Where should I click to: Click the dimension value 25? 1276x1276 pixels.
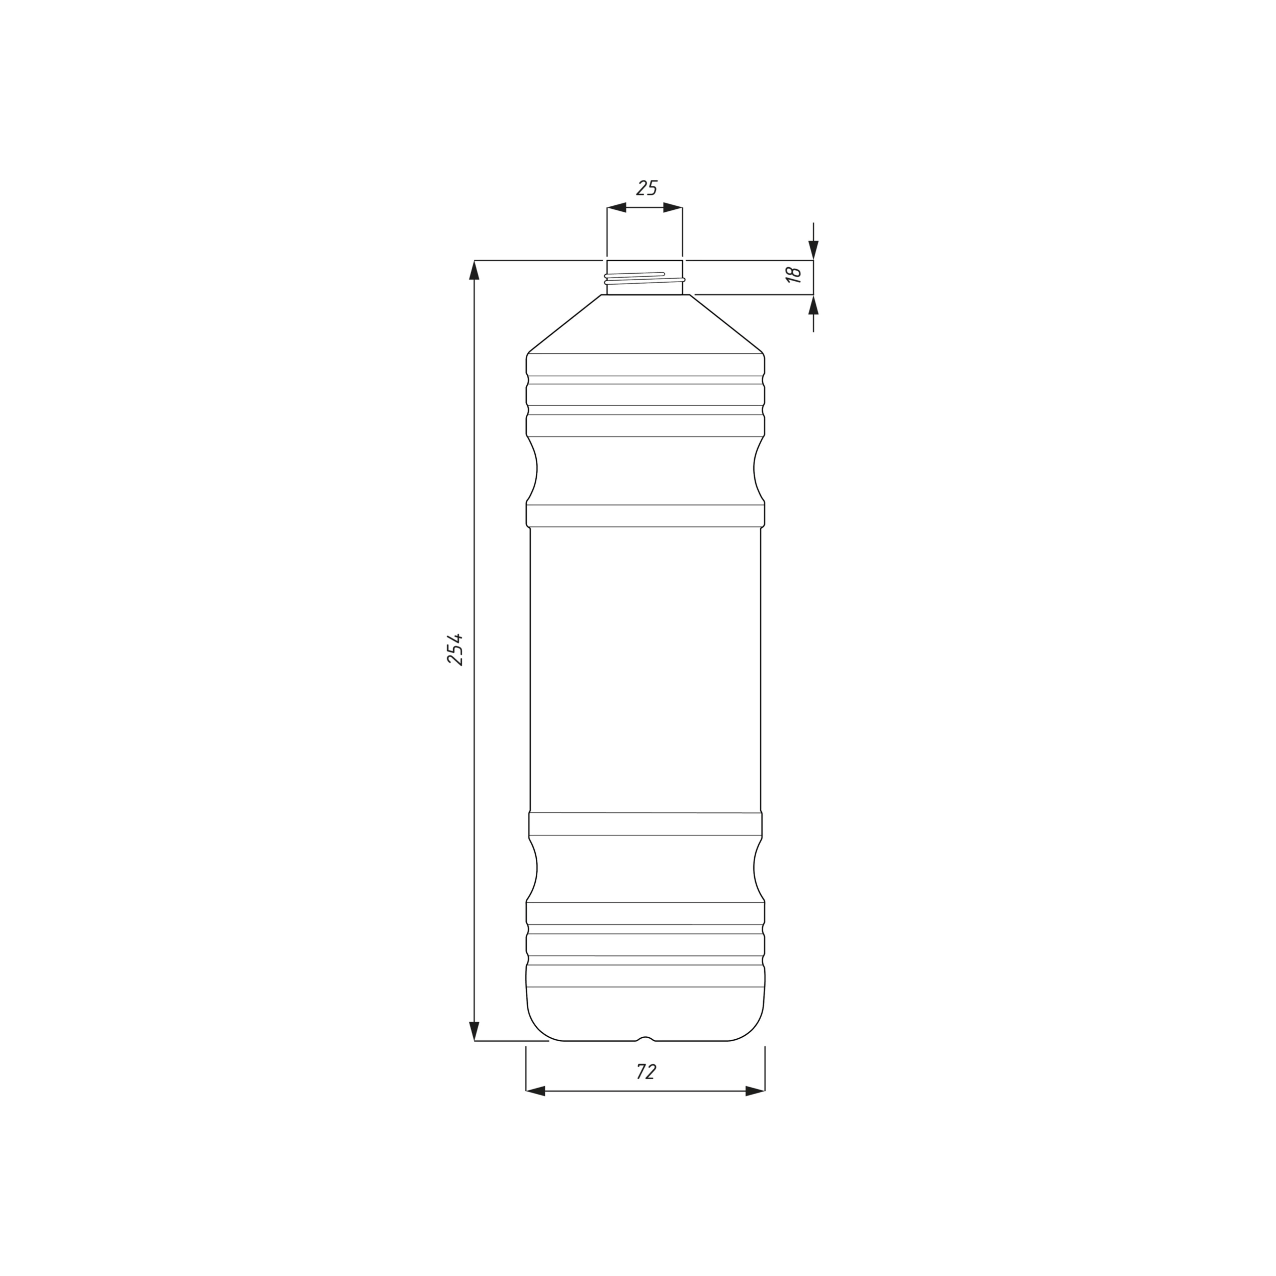pyautogui.click(x=646, y=188)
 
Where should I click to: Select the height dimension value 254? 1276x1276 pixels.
pyautogui.click(x=455, y=649)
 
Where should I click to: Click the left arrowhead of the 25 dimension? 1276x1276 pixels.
pyautogui.click(x=616, y=207)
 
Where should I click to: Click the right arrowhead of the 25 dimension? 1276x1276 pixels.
pyautogui.click(x=673, y=207)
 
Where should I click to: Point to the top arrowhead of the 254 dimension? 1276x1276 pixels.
pyautogui.click(x=474, y=270)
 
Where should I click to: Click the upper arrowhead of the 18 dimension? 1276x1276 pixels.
pyautogui.click(x=813, y=250)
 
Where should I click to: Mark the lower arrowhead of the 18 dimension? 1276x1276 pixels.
pyautogui.click(x=813, y=305)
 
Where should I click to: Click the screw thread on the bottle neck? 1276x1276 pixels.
pyautogui.click(x=644, y=279)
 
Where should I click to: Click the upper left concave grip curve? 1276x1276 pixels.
pyautogui.click(x=536, y=469)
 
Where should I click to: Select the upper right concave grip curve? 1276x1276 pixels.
pyautogui.click(x=755, y=469)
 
